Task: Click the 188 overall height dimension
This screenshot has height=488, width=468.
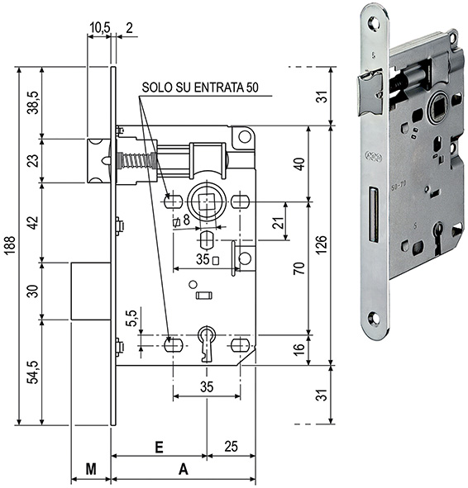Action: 9,245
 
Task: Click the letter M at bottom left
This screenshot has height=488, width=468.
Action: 91,469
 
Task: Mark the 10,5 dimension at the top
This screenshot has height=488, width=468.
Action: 98,27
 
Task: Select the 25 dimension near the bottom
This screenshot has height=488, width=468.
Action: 232,446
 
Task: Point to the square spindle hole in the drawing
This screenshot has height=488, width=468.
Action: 205,201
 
